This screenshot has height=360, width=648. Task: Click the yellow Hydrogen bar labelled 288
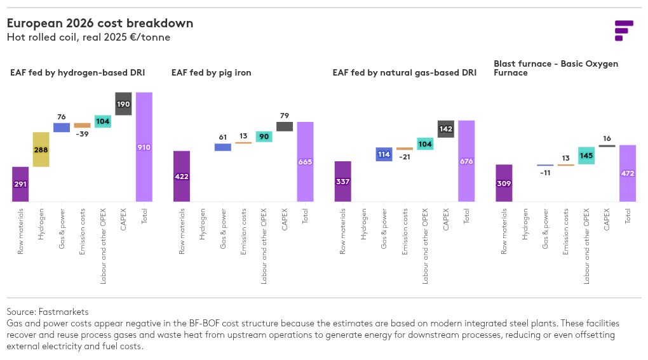(41, 149)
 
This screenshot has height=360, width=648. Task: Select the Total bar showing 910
(144, 147)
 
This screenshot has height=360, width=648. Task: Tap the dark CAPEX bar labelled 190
(123, 103)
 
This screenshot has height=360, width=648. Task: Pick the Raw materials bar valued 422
(182, 177)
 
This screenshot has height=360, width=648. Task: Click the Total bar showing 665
(305, 162)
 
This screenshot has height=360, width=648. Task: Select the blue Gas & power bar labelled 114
(384, 154)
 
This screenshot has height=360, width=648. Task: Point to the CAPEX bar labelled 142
(445, 129)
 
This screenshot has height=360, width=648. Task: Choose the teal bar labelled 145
(586, 156)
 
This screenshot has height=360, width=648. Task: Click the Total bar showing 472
(627, 173)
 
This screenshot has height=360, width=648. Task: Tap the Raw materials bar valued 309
(504, 183)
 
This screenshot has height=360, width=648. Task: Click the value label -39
(82, 134)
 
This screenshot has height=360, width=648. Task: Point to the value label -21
(405, 157)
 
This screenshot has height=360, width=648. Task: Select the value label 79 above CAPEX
(285, 116)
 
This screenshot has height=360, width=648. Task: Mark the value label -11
(545, 173)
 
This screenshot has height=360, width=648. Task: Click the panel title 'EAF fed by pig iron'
(211, 72)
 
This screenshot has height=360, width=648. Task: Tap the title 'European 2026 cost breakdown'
(100, 23)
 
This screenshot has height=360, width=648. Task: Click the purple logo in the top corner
(624, 30)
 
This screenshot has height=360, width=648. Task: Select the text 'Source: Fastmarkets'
(48, 312)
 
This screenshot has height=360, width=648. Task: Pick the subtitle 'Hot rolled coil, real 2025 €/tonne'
(88, 37)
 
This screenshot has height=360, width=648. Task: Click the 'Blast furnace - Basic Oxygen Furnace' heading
(556, 68)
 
